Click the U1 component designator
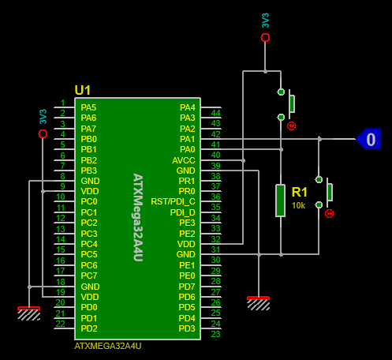(x=83, y=90)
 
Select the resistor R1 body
(x=280, y=201)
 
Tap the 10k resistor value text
(x=298, y=205)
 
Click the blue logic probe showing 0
(x=368, y=139)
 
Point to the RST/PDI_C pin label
(x=173, y=201)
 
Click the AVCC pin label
(x=184, y=160)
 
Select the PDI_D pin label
(x=183, y=212)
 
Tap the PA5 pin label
(x=88, y=107)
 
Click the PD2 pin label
(x=89, y=328)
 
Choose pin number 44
(x=215, y=113)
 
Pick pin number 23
(x=215, y=334)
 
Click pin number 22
(x=60, y=324)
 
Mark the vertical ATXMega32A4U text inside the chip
(x=138, y=217)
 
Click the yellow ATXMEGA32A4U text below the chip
(x=108, y=346)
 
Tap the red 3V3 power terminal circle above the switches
(x=265, y=38)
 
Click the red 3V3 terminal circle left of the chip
(x=43, y=133)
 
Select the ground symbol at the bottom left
(x=28, y=313)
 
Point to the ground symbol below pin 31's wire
(x=259, y=303)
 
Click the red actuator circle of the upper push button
(x=291, y=126)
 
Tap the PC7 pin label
(x=89, y=276)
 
